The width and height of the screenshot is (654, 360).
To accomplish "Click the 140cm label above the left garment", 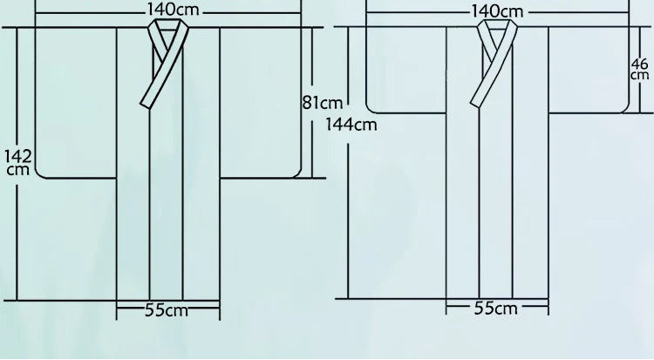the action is (x=174, y=10).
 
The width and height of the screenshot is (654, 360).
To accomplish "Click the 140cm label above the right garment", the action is (x=497, y=10).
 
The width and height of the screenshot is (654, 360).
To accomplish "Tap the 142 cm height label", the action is (x=18, y=163).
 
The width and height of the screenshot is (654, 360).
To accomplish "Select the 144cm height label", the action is (x=351, y=125).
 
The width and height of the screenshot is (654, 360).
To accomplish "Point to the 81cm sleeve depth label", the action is (x=323, y=102).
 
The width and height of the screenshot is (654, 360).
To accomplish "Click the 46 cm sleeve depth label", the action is (x=640, y=69).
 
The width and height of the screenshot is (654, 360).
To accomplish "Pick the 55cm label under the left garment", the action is (x=167, y=310).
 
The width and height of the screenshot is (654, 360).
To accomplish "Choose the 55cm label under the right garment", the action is (x=496, y=309).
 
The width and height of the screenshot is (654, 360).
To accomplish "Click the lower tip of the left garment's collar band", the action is (x=145, y=105).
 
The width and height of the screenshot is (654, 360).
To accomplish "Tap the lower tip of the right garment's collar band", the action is (x=475, y=104).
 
